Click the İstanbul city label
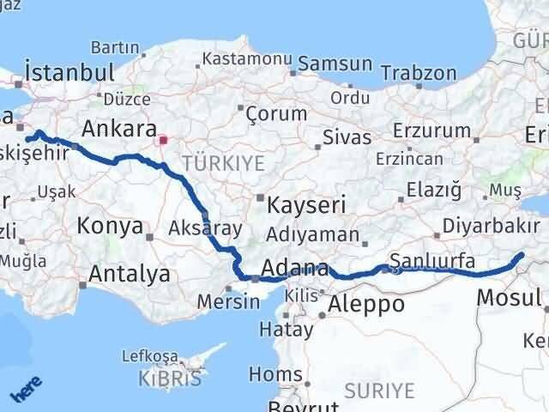[x=69, y=71]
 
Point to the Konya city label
[x=109, y=227]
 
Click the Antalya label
[x=130, y=275]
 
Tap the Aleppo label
[x=366, y=304]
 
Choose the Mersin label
[x=229, y=302]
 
